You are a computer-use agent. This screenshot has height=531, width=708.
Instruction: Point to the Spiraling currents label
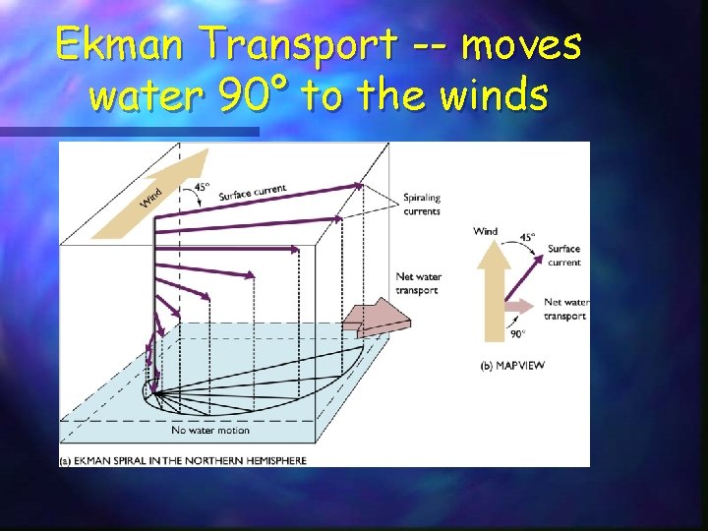(x=422, y=205)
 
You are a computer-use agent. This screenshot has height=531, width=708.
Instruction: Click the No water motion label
(x=210, y=430)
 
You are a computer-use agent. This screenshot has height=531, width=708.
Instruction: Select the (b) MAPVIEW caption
(x=512, y=366)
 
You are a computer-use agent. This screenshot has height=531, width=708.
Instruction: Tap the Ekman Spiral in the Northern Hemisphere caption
(x=184, y=459)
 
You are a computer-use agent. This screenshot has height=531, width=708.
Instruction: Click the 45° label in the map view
(x=527, y=237)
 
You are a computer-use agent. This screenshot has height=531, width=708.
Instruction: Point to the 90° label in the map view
(x=517, y=334)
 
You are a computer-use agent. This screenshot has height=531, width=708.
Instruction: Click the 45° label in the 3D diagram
(x=203, y=187)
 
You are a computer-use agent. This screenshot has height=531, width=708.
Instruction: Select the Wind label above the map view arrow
(x=486, y=232)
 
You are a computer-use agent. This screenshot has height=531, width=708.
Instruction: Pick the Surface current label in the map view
(x=564, y=256)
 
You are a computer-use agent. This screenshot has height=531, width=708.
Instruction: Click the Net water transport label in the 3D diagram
(x=417, y=282)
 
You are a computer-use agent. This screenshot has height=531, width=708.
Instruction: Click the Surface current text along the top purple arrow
(x=253, y=191)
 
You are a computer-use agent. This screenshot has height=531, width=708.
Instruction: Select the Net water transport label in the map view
(x=565, y=309)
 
